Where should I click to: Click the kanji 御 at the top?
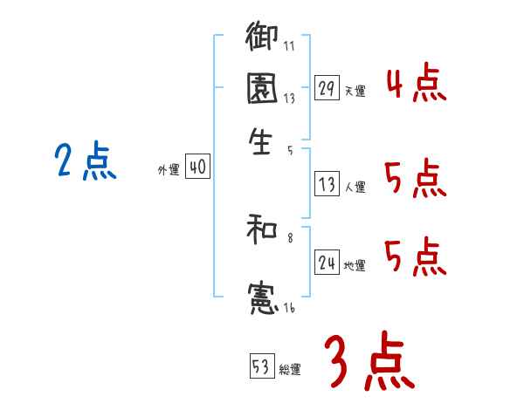pos(262,38)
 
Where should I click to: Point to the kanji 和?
pos(262,230)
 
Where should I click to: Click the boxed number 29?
pos(326,87)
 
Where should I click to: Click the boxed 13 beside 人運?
pos(327,184)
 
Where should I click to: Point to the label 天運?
pos(355,91)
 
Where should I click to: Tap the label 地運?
pos(355,266)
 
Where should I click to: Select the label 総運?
pos(289,370)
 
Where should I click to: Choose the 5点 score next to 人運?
pos(416,180)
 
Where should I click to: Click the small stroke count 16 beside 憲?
pos(287,308)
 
